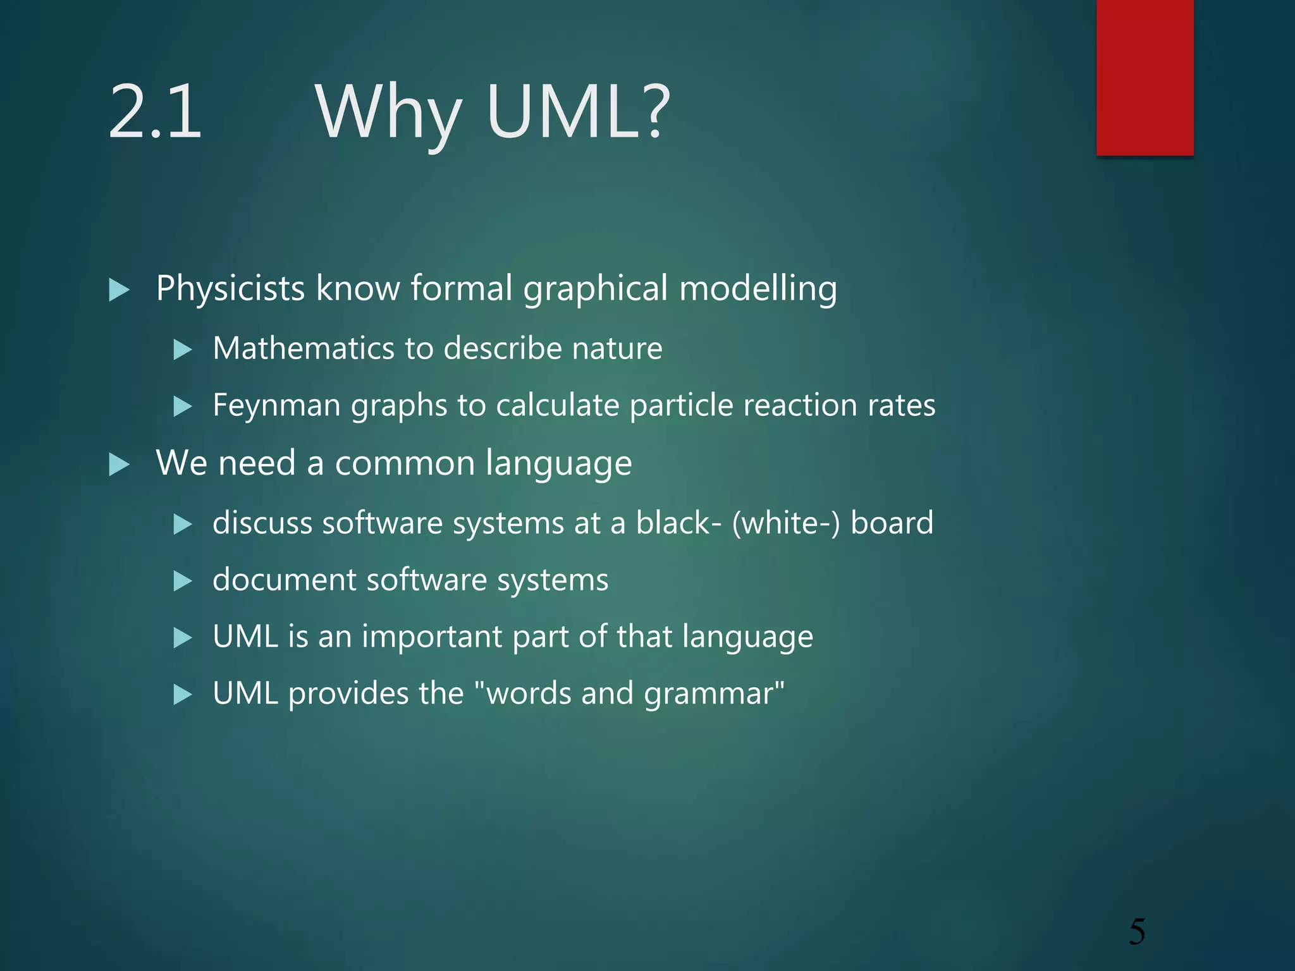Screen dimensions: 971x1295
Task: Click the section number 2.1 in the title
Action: coord(155,113)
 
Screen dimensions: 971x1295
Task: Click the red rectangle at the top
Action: coord(1145,77)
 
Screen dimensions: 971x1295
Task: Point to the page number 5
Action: coord(1136,932)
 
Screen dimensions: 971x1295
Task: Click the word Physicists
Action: coord(231,289)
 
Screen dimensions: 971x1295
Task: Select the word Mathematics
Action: coord(304,348)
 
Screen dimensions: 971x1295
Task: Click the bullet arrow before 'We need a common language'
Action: coord(119,465)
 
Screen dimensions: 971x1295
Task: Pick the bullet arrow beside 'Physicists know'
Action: coord(119,290)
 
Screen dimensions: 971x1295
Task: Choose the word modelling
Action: coord(758,289)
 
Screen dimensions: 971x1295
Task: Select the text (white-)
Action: coord(786,523)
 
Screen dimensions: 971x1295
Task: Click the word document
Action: coord(284,580)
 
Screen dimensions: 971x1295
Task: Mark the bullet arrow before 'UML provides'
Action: coord(182,695)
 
